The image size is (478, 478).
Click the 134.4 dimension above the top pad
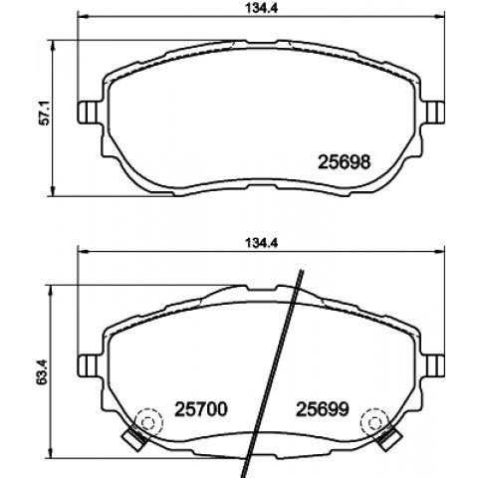click(x=261, y=8)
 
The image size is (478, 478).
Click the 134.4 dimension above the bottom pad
click(x=261, y=243)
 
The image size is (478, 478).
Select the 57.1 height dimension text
click(x=44, y=113)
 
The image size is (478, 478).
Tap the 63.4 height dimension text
click(x=43, y=372)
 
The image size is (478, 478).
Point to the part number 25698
click(x=344, y=162)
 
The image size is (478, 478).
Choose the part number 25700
click(x=201, y=409)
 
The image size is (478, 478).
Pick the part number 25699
click(x=323, y=409)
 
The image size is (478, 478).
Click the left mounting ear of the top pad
click(x=88, y=113)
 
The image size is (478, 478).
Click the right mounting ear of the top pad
click(x=434, y=113)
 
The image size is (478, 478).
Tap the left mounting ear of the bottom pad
click(x=88, y=365)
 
